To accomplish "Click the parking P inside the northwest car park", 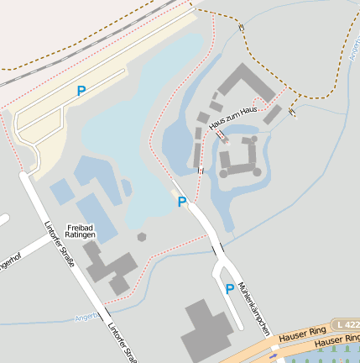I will pos(81,90).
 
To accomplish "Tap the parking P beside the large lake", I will pos(182,202).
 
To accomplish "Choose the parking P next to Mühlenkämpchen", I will pos(229,288).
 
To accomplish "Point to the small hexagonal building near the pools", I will pos(143,238).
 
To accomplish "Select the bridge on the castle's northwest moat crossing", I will pos(220,134).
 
